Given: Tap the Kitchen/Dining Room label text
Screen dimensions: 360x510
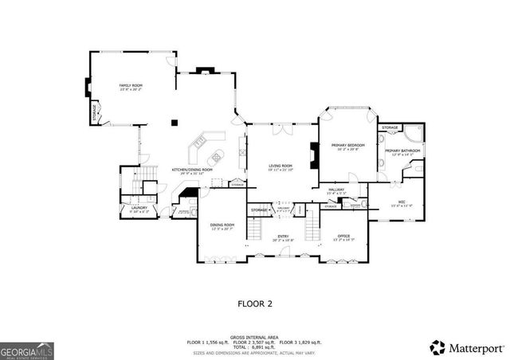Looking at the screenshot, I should [193, 170].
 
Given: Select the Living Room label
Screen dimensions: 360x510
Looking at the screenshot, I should [280, 166].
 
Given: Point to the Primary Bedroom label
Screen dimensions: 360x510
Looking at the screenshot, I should [350, 145].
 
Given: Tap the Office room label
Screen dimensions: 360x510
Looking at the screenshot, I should [343, 236].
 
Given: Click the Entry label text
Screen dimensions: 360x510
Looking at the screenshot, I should [283, 237].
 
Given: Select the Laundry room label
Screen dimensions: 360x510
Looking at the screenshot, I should [139, 209].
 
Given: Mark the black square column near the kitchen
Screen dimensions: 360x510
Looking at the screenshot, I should [175, 123].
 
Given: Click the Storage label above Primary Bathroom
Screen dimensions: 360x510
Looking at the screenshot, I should [390, 127].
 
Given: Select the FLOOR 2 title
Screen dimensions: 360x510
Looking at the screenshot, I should [255, 303].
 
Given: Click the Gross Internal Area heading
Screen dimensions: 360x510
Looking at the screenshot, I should [255, 336].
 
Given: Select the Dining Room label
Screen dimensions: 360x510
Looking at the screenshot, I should [222, 226].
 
